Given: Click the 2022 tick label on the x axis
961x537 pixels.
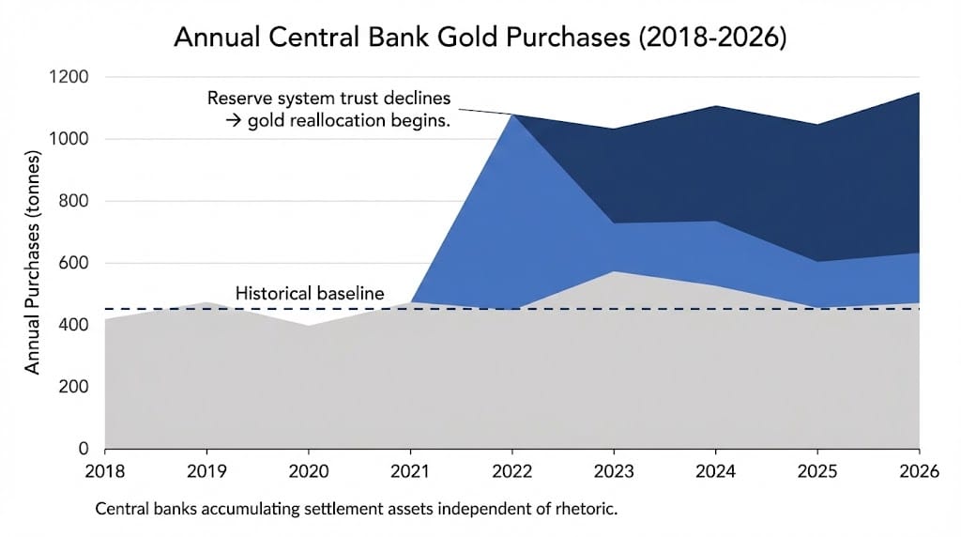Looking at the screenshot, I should coord(511,469).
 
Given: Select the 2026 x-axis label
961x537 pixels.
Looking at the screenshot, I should coord(918,469).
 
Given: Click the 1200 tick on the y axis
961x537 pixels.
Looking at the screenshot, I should coord(70,77).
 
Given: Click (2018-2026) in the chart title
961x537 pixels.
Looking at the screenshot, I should coord(729,39).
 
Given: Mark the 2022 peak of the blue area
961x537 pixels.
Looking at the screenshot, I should coord(511,115).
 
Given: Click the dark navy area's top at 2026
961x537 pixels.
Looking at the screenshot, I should coord(918,93).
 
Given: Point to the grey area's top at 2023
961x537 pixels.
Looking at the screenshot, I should coord(613,271).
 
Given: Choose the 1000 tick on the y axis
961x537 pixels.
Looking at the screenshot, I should coord(70,139).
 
